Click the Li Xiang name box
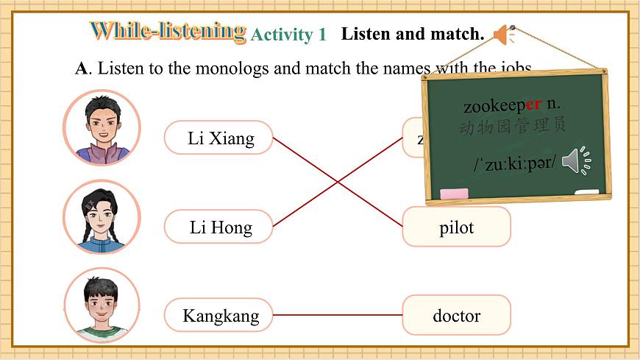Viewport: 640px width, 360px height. (x=218, y=138)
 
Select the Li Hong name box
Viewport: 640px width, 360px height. (x=218, y=227)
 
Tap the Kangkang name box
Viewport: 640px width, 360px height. (x=218, y=317)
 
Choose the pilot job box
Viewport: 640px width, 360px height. (x=456, y=227)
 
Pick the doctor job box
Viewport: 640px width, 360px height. (x=456, y=316)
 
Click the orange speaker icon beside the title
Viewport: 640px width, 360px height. (x=505, y=35)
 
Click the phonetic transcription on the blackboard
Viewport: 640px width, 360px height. (x=514, y=163)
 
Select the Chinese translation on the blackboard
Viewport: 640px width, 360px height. (x=512, y=127)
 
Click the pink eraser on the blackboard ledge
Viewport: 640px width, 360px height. (x=453, y=194)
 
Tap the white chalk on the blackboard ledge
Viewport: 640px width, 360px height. (x=586, y=192)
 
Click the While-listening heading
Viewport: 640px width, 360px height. (x=168, y=32)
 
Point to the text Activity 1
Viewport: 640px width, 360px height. (x=288, y=35)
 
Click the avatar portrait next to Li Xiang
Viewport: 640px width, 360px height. (x=102, y=127)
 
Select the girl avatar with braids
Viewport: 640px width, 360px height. (x=102, y=216)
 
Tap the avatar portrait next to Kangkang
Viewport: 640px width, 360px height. (x=102, y=306)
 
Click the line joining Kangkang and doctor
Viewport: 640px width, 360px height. (x=338, y=315)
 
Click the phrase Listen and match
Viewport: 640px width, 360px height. (x=413, y=34)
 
